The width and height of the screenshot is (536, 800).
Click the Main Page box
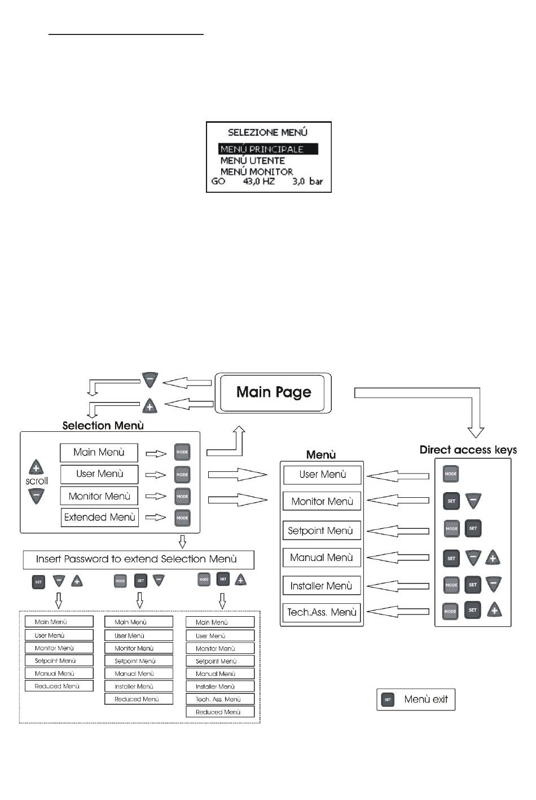click(x=273, y=392)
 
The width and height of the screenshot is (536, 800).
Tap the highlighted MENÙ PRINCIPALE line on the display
click(x=269, y=149)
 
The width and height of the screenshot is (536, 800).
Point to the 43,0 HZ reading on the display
click(x=259, y=182)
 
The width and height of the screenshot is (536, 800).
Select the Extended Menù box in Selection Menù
click(x=99, y=518)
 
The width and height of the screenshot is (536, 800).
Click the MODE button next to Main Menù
click(x=182, y=452)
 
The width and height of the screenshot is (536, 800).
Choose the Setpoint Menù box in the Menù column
click(x=321, y=531)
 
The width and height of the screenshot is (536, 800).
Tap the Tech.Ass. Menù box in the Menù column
click(x=322, y=612)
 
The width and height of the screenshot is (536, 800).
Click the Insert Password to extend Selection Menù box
click(x=138, y=559)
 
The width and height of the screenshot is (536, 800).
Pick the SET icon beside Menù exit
click(x=388, y=700)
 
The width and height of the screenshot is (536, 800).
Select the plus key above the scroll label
click(x=36, y=467)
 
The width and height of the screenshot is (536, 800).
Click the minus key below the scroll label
click(x=36, y=496)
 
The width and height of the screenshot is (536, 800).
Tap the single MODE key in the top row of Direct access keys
click(x=450, y=474)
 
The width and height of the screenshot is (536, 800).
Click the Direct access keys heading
click(x=468, y=450)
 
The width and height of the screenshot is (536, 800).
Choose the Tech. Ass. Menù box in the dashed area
click(x=219, y=700)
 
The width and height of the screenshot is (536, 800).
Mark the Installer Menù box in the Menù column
click(x=321, y=586)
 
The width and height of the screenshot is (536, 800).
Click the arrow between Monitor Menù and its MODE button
click(x=156, y=497)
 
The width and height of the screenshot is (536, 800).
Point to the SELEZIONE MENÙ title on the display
click(x=267, y=132)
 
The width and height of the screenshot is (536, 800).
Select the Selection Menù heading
click(x=103, y=426)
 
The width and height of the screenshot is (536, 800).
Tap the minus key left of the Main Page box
click(x=150, y=379)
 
